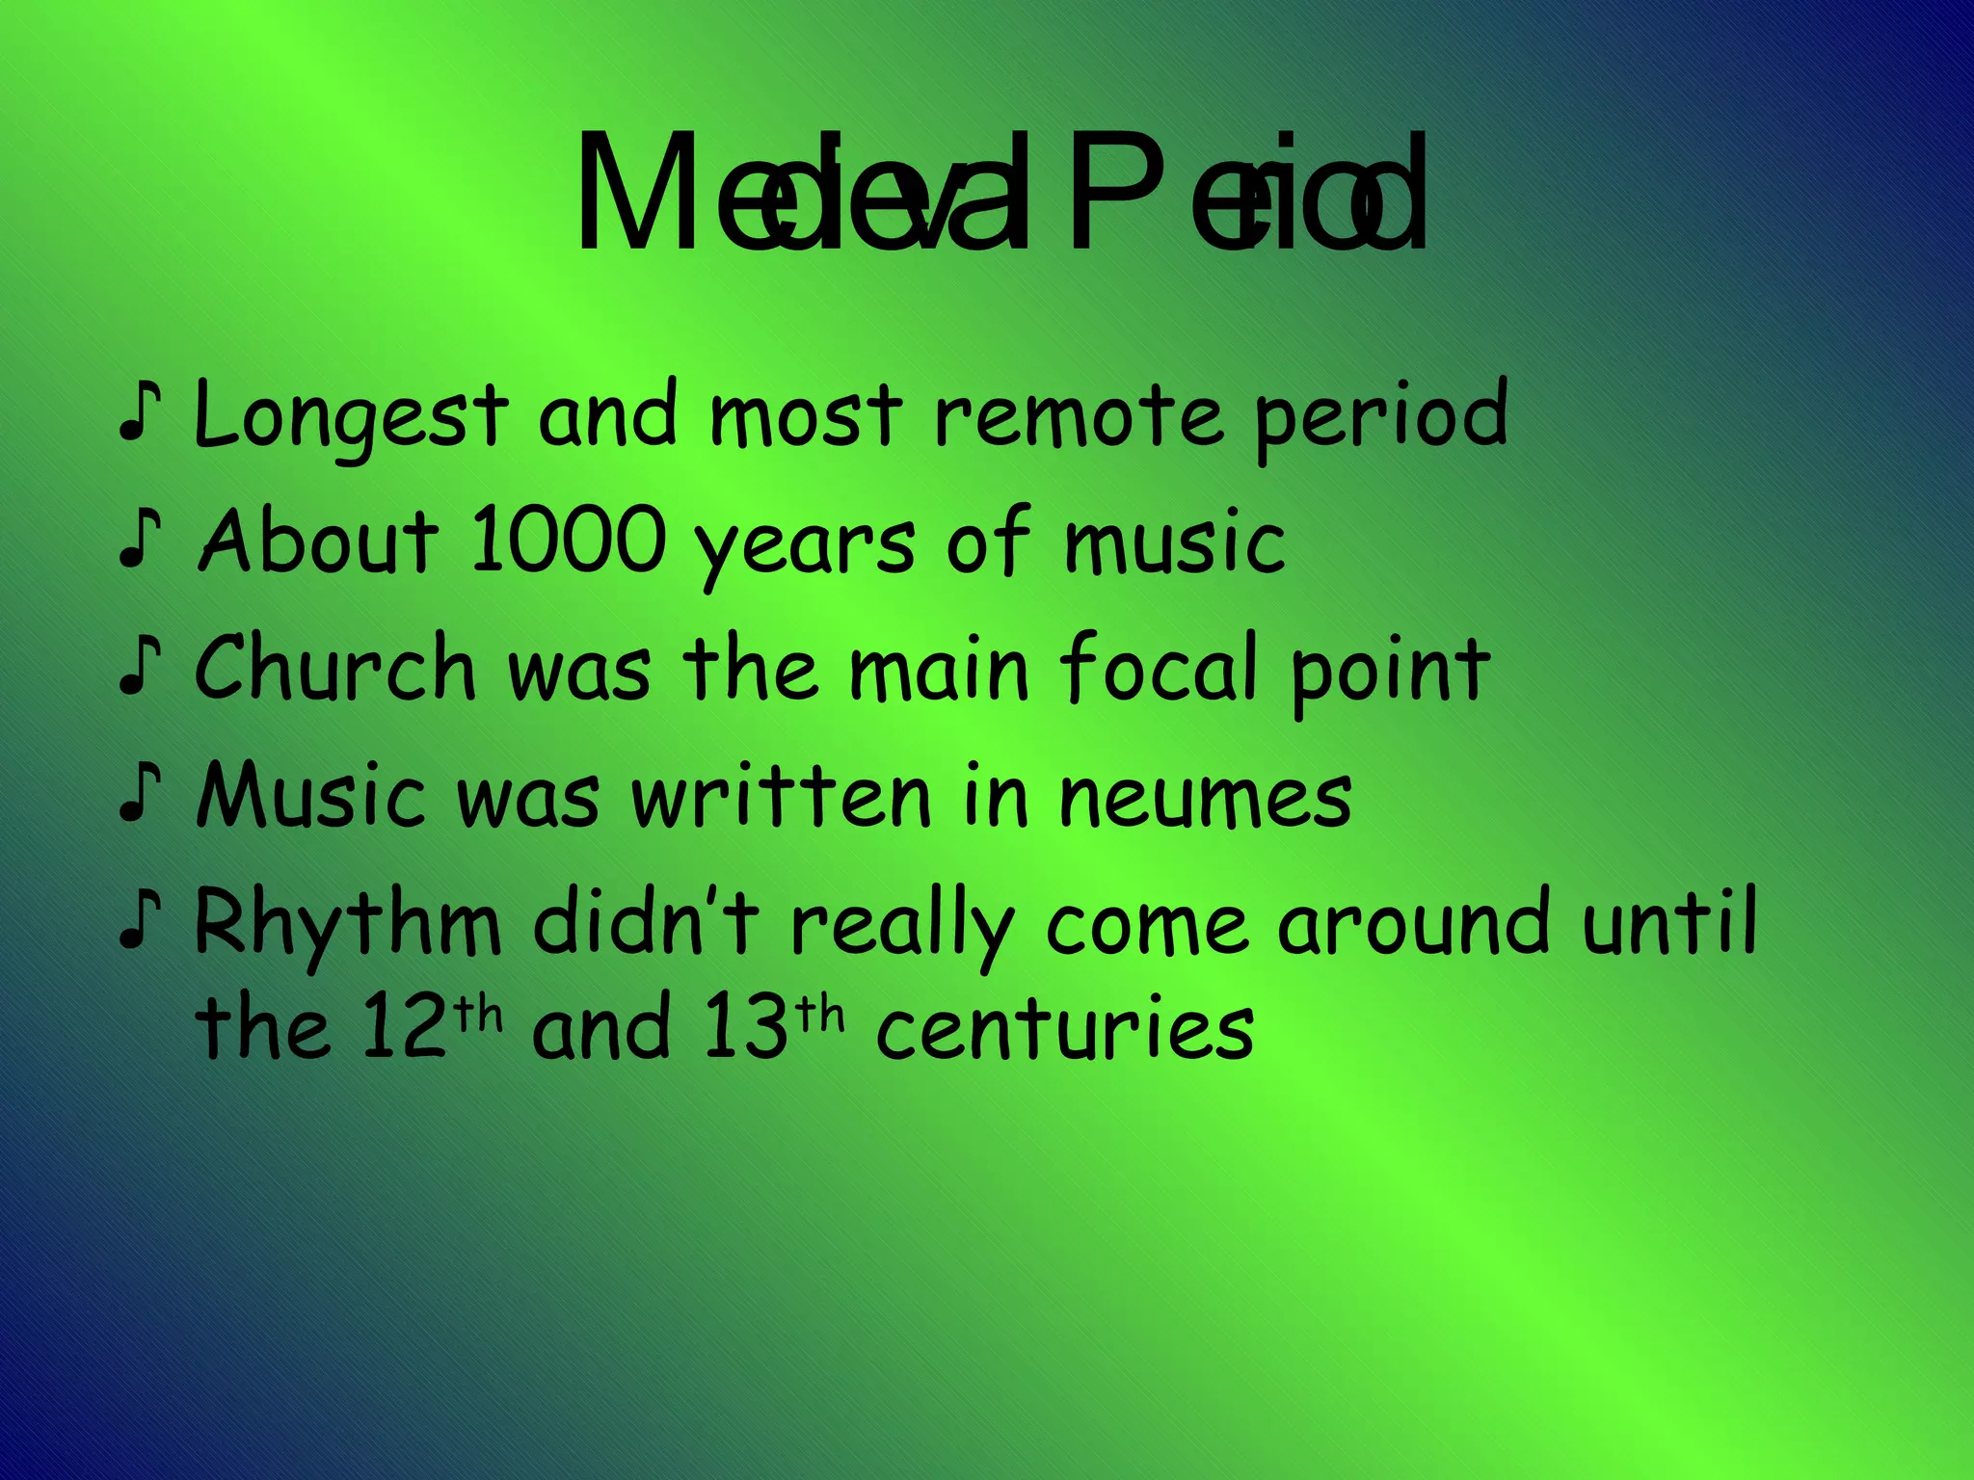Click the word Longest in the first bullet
coord(350,417)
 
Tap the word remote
coord(1079,417)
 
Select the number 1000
coord(567,542)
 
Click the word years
coord(804,545)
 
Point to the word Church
coord(335,668)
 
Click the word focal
coord(1159,668)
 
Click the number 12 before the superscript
coord(405,1028)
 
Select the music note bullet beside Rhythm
coord(139,921)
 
